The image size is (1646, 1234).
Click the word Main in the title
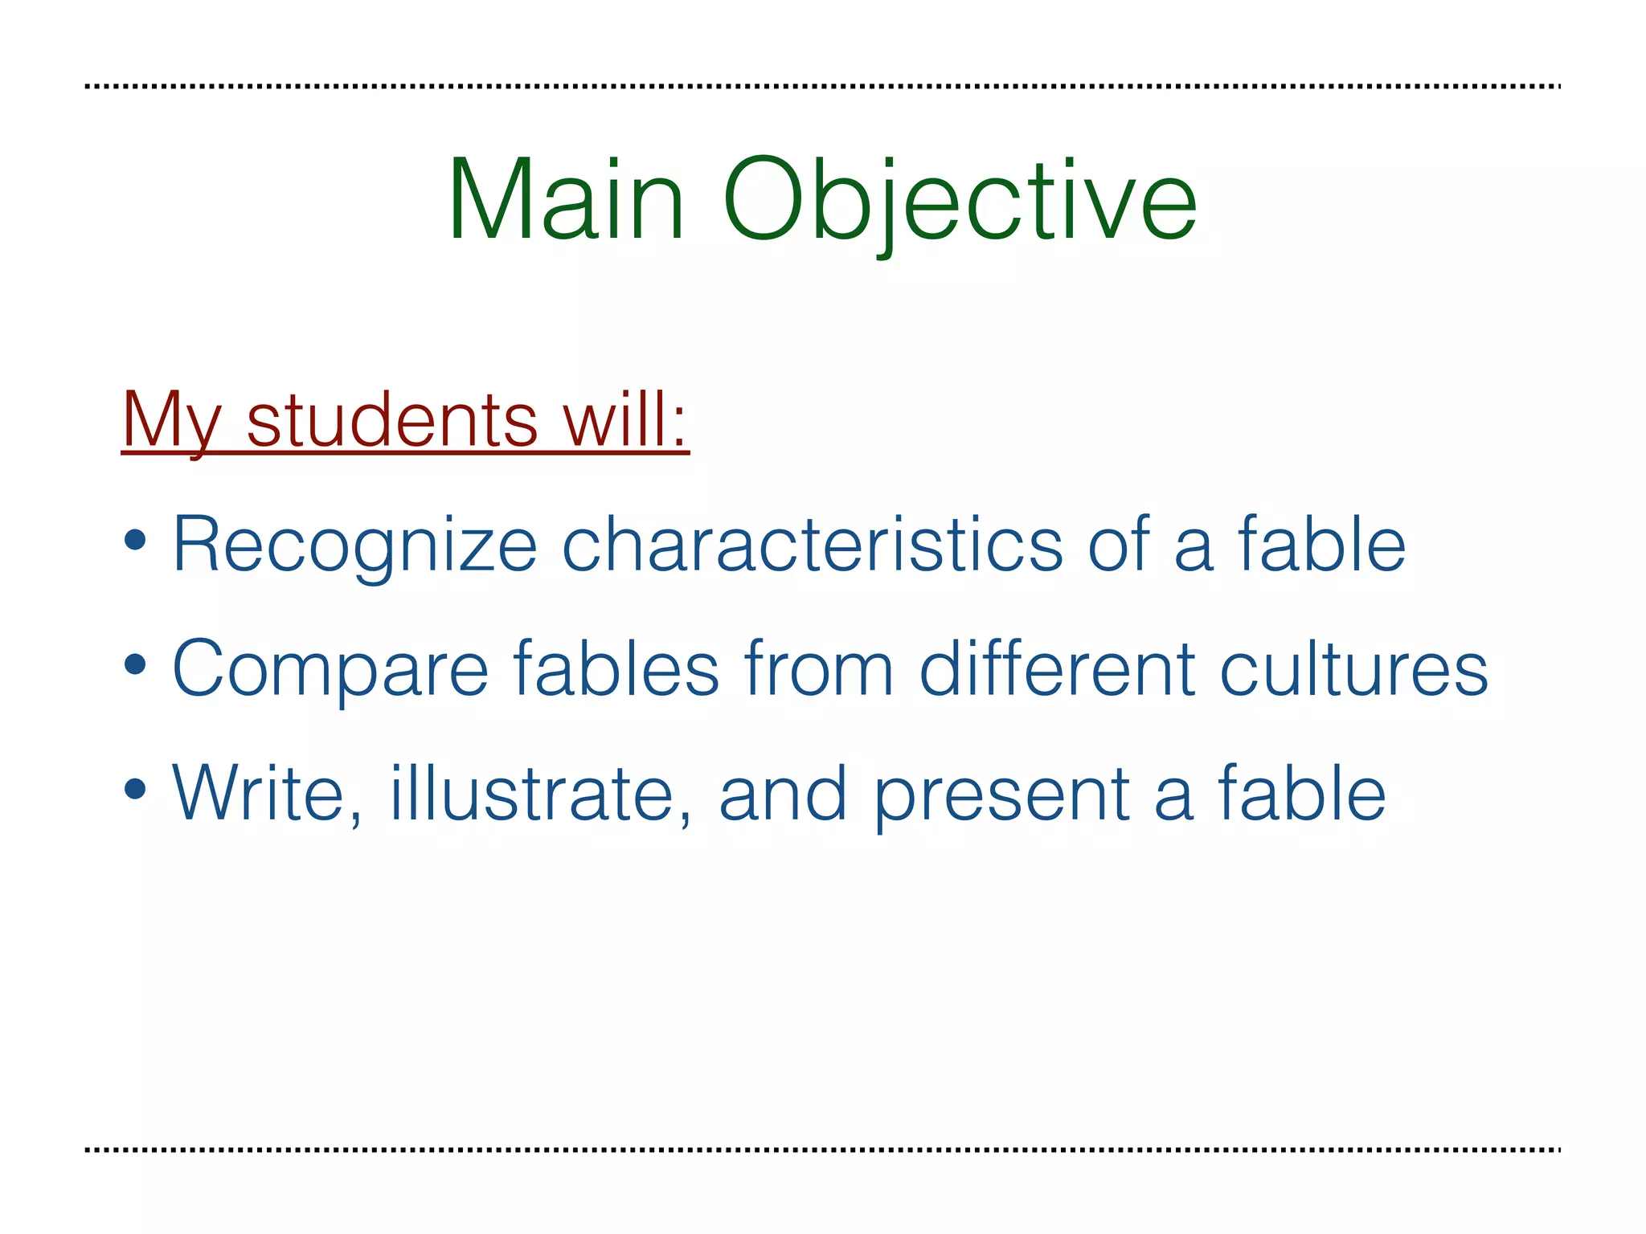click(566, 199)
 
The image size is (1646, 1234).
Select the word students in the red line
click(392, 420)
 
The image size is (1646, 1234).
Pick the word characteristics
click(813, 545)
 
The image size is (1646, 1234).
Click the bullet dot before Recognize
click(136, 541)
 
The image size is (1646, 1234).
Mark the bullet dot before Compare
click(136, 665)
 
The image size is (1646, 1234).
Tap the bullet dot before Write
click(136, 789)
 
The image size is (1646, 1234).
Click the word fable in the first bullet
click(1322, 545)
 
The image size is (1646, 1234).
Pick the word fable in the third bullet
click(1302, 794)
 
